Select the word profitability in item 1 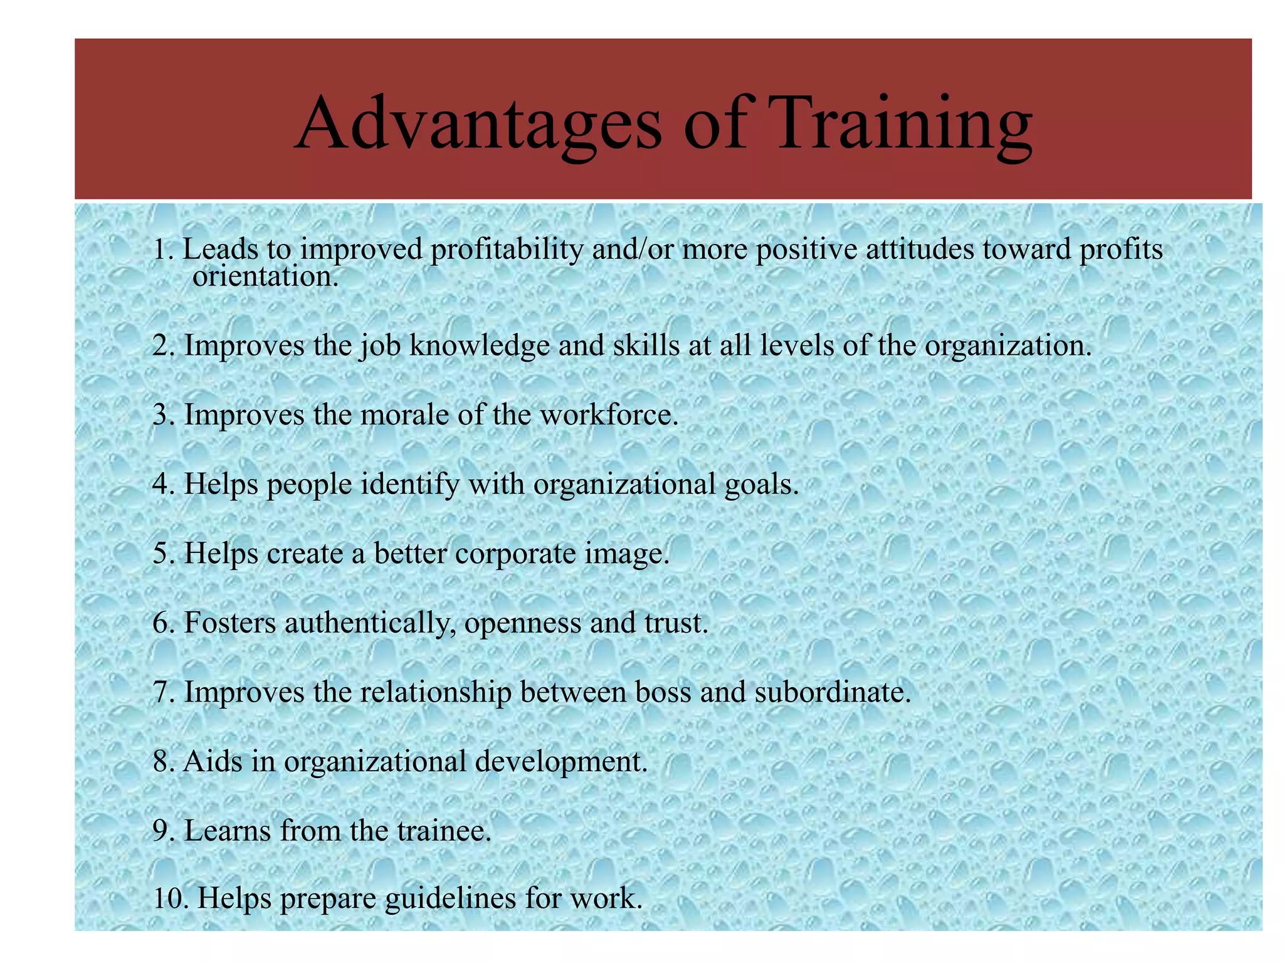[507, 250]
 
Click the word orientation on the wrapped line [265, 276]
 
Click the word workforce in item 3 [609, 415]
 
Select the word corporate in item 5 [515, 554]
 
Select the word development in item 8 [560, 762]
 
